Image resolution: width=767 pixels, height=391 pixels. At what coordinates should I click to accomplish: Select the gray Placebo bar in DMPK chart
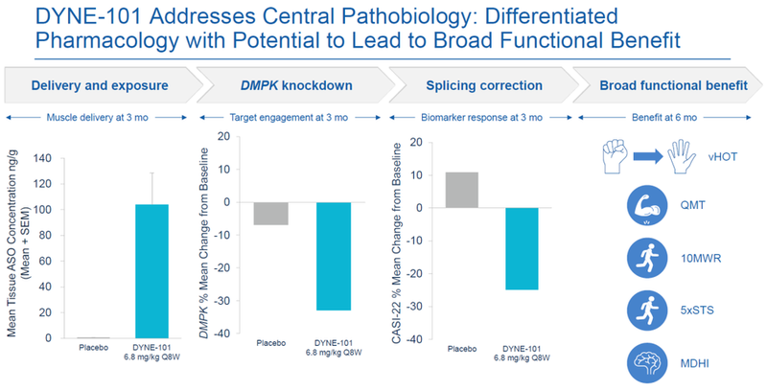coord(270,213)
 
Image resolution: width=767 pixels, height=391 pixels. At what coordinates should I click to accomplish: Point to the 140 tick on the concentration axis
coord(45,156)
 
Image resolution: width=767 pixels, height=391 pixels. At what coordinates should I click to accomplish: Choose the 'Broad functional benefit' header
coord(673,85)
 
